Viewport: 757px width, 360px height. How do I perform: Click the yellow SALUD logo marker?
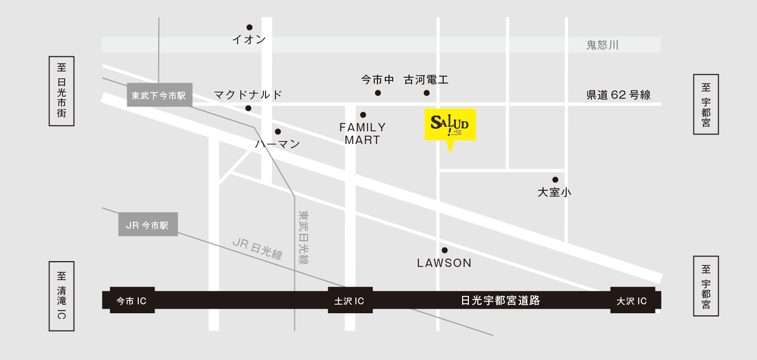point(450,125)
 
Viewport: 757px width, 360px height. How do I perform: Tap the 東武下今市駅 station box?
point(159,95)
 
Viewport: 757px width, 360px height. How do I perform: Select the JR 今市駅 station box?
point(148,224)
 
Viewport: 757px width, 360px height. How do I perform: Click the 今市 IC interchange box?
point(132,301)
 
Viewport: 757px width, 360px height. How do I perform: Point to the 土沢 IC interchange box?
point(350,301)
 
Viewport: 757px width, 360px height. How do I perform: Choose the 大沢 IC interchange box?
point(632,301)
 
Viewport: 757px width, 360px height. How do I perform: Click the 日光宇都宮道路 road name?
point(500,301)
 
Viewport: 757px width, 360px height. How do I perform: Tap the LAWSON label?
point(444,263)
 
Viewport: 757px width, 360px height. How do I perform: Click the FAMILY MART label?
point(362,133)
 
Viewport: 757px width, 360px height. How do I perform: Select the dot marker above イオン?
point(249,27)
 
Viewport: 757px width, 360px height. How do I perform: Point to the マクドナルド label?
point(248,95)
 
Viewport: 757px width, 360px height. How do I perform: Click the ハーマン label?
point(278,143)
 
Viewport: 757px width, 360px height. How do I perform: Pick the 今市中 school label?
point(377,80)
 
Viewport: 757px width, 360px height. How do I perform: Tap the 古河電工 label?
point(426,80)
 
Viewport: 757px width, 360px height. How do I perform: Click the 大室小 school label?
point(554,192)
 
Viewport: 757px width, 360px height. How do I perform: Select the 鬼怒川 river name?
point(602,45)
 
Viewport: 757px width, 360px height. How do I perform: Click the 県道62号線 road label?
point(619,95)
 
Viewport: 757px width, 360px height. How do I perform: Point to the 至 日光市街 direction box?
point(62,91)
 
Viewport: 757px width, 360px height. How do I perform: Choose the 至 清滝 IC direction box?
point(62,296)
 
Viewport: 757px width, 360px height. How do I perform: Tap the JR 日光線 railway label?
point(257,249)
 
